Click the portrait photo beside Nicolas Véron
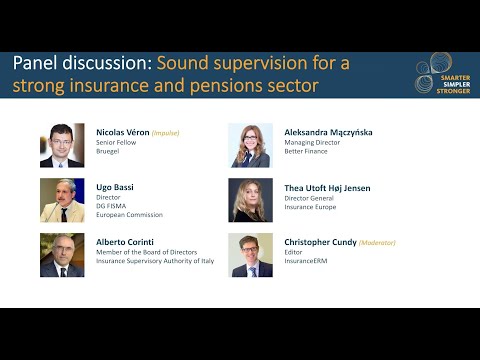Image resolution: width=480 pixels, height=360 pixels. (61, 145)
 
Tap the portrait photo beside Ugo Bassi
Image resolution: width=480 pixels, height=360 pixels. (61, 199)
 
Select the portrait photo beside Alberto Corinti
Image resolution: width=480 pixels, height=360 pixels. (61, 254)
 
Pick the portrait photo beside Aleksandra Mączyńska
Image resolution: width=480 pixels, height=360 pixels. (250, 145)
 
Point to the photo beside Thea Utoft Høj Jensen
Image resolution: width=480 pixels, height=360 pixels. (250, 199)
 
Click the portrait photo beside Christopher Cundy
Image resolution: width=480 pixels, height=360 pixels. (250, 254)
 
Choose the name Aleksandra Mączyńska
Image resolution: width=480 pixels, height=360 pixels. (322, 132)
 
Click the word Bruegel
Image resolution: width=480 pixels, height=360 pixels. (108, 154)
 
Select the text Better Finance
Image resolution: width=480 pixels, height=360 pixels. (307, 154)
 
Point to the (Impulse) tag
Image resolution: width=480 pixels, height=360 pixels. (166, 132)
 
